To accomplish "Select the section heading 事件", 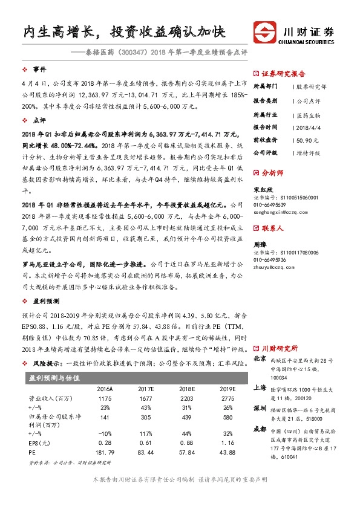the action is [x=39, y=70].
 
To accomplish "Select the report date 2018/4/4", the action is [x=308, y=127].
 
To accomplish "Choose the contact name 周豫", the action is [x=259, y=245].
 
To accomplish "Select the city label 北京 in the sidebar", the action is [x=259, y=358].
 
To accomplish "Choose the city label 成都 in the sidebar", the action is [x=259, y=429].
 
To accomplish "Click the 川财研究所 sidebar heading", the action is [x=279, y=348].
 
